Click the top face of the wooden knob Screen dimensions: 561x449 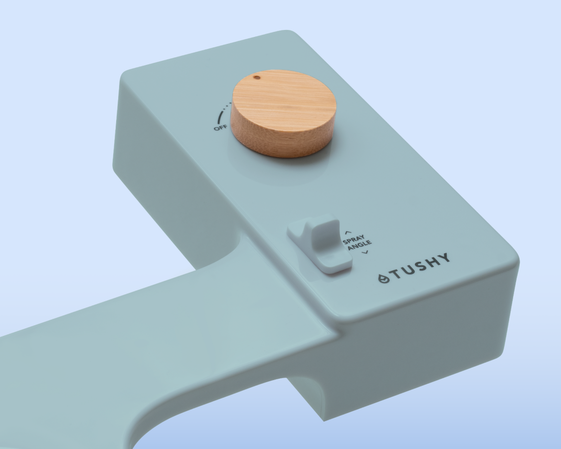[284, 101]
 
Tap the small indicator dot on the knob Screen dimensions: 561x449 [257, 77]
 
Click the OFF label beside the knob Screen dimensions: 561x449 [220, 127]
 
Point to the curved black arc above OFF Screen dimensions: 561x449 [220, 116]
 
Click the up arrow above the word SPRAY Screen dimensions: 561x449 [348, 232]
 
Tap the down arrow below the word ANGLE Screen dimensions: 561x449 [365, 252]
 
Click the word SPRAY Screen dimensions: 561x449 [354, 239]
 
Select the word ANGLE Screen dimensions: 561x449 [360, 245]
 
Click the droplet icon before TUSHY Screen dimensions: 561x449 [384, 278]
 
